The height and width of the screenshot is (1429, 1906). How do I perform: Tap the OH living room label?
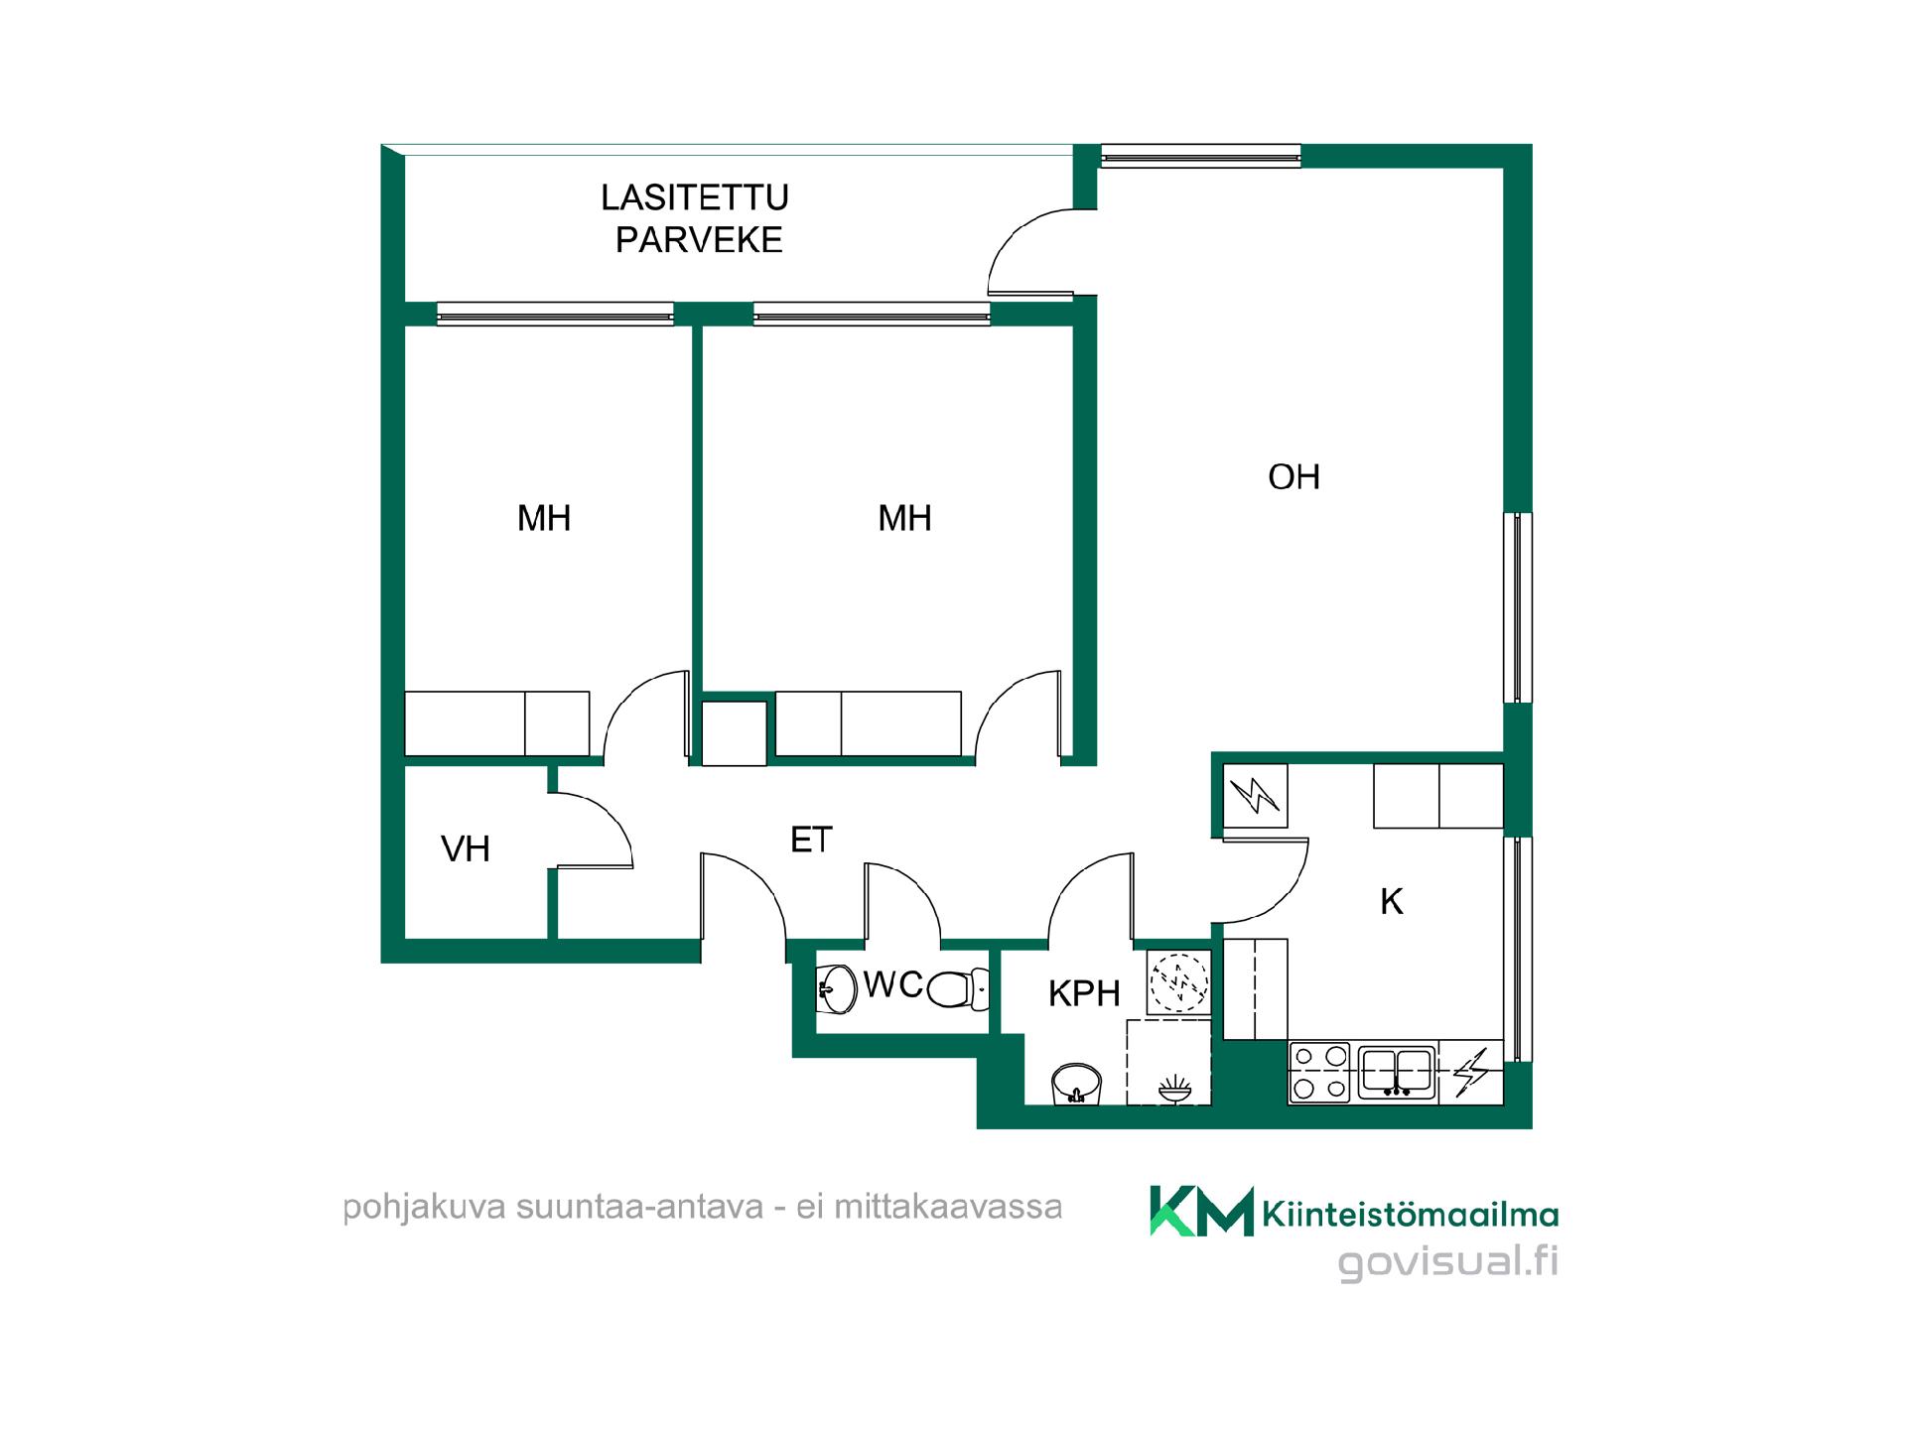(1293, 477)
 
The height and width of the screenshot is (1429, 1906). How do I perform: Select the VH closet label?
(466, 848)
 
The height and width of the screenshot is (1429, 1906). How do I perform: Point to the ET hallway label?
(811, 841)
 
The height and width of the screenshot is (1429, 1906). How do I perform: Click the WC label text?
(893, 984)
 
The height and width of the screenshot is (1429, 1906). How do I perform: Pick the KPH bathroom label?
(1084, 993)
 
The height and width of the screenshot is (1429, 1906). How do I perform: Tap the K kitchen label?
(1392, 902)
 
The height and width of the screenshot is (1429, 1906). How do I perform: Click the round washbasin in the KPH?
(1076, 1084)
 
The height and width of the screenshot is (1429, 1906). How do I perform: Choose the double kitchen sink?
(1397, 1072)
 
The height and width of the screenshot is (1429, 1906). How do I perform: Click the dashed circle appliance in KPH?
(1178, 981)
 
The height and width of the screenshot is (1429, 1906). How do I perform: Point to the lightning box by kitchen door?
(1256, 796)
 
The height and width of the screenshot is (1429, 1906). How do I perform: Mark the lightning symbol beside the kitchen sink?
(1471, 1072)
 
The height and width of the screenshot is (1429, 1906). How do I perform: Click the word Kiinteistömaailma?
(1411, 1214)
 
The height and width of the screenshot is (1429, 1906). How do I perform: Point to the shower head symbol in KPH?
(1174, 1088)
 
